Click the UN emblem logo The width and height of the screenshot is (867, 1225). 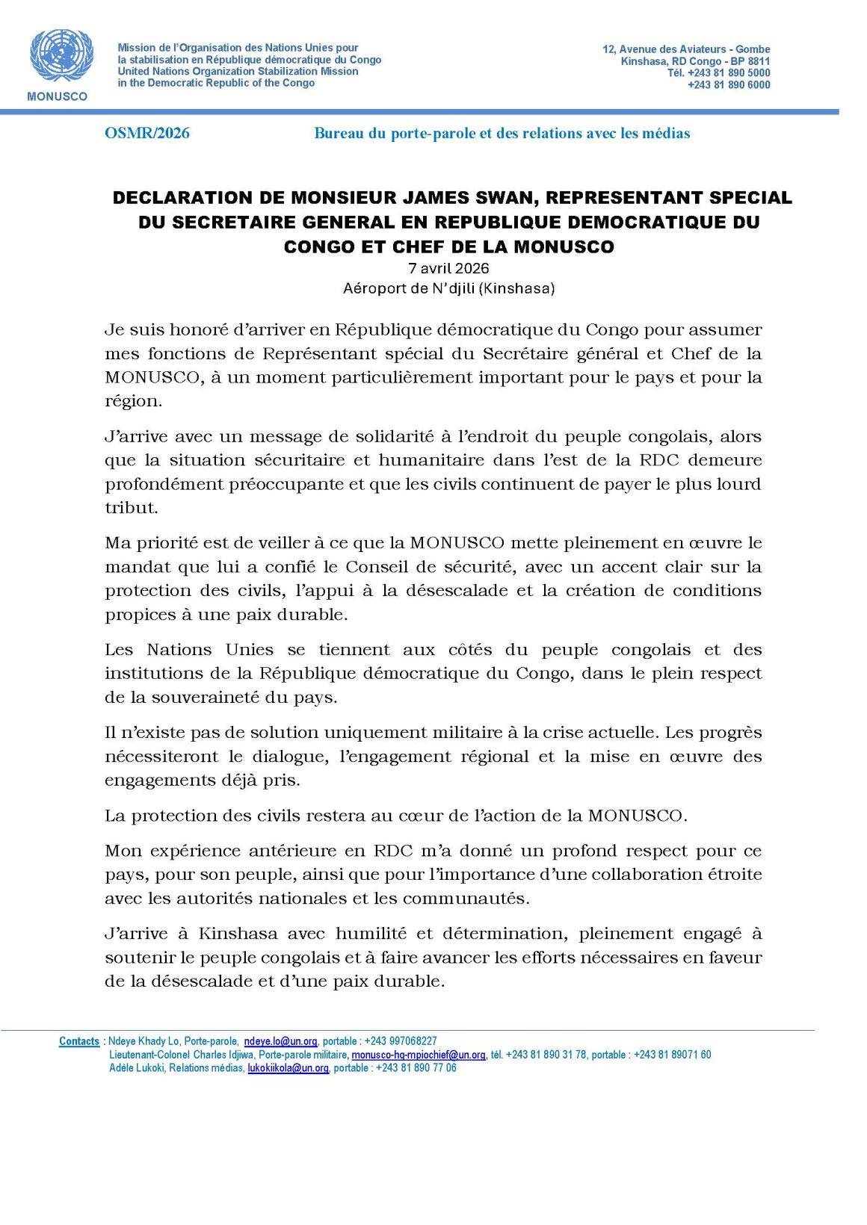pos(57,57)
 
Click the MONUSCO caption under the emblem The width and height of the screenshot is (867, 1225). pos(57,96)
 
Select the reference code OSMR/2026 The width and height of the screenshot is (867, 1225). pos(147,133)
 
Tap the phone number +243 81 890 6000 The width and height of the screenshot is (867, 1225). pos(729,85)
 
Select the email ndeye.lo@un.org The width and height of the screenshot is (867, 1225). pos(281,1041)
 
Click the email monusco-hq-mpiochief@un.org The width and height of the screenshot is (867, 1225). pos(419,1055)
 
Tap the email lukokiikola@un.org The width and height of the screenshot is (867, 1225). pos(289,1068)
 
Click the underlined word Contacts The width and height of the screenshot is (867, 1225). pos(79,1041)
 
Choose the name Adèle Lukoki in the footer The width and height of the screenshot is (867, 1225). pos(137,1068)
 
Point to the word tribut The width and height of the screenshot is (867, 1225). pos(131,508)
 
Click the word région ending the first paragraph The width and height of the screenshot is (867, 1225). pos(132,401)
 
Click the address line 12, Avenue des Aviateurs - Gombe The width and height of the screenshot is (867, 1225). pos(686,49)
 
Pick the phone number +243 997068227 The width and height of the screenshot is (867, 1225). pos(401,1041)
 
